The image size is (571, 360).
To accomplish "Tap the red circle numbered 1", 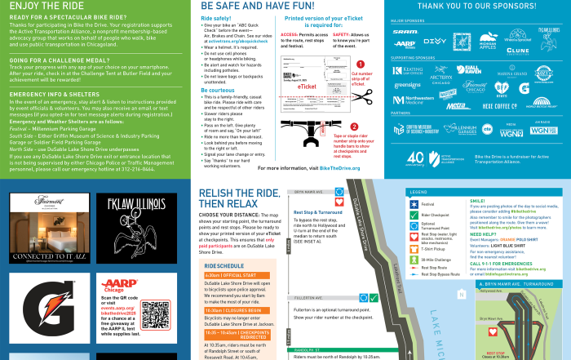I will pos(360,63).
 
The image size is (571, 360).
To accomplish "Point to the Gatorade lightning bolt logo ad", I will pos(49,311).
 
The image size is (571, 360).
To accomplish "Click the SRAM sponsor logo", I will pos(405,33).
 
